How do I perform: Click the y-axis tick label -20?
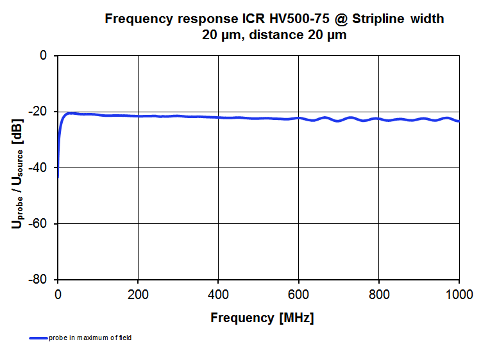[40, 112]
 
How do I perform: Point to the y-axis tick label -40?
[40, 167]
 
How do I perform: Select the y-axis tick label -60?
[40, 224]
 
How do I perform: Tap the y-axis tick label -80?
[40, 280]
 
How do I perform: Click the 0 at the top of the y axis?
[44, 56]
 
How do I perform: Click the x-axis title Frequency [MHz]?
[262, 318]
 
